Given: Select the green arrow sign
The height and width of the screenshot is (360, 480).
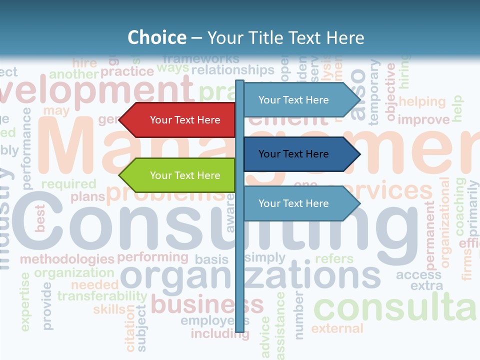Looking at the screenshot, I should click(180, 175).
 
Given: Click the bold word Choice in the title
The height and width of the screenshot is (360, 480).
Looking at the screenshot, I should click(156, 37).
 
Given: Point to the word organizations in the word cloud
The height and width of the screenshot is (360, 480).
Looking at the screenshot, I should click(250, 276).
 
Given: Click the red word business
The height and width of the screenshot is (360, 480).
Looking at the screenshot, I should click(207, 304).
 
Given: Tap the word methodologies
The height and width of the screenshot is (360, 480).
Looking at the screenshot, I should click(67, 259).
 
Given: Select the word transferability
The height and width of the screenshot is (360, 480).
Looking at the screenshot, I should click(101, 296).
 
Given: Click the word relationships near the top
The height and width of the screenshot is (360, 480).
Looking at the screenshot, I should click(233, 70).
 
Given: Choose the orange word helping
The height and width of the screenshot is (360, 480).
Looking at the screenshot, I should click(422, 102).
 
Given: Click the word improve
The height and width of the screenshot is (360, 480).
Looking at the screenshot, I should click(423, 120).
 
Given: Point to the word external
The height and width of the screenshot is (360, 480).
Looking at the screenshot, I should click(337, 328).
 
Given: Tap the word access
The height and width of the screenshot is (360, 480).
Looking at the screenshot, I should click(418, 274).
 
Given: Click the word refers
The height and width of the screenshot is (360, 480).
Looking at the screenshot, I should click(334, 259).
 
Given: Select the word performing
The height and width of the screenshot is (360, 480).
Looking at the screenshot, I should click(152, 257).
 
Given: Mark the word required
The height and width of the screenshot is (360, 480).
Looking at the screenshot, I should click(68, 184).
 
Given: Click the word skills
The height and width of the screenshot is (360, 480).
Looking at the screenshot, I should click(109, 309).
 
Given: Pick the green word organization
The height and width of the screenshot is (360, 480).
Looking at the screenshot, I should click(74, 273).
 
